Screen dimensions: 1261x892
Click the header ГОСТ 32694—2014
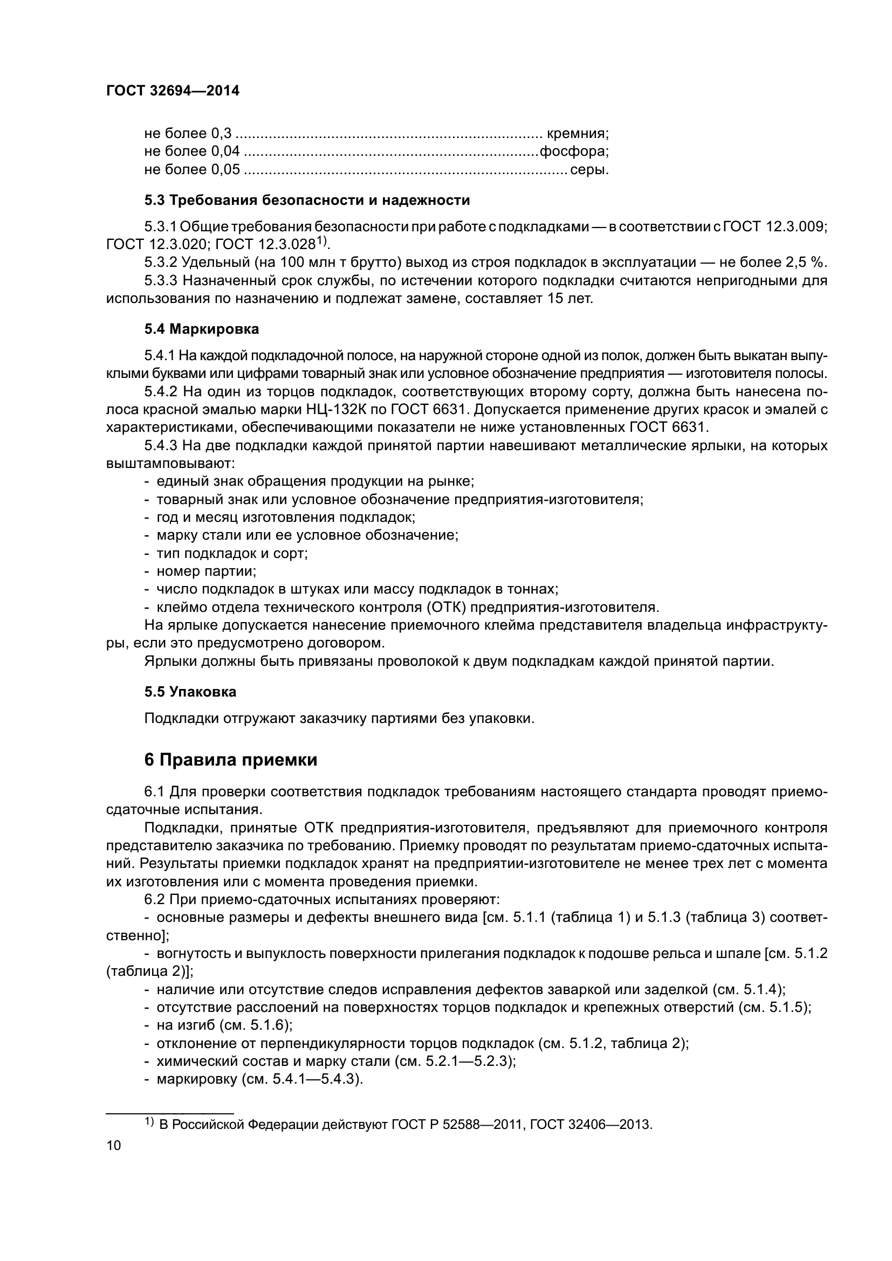click(173, 91)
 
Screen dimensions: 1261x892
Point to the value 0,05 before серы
click(225, 169)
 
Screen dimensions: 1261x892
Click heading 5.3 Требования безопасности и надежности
click(307, 201)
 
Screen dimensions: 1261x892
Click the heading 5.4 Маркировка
click(202, 329)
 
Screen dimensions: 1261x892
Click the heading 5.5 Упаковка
click(190, 692)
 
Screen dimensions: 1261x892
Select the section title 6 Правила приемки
click(231, 760)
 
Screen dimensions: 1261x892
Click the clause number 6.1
click(154, 791)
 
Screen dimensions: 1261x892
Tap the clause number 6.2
click(154, 899)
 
